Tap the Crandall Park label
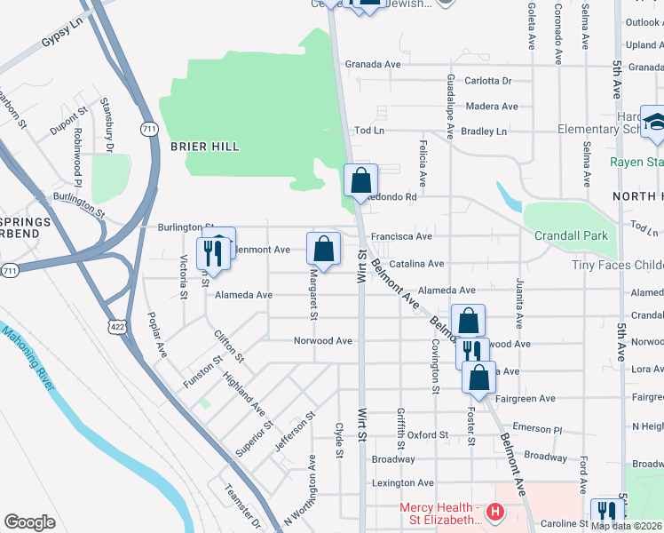(x=571, y=236)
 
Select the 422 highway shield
(x=116, y=328)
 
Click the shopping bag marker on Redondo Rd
(x=360, y=181)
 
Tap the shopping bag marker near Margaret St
(x=324, y=249)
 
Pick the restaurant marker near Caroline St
(x=607, y=513)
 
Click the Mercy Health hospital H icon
(x=495, y=513)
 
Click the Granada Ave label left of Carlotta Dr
(x=373, y=64)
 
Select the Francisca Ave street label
(x=401, y=236)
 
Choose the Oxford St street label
(x=428, y=435)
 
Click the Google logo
(x=29, y=522)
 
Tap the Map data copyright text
(x=627, y=526)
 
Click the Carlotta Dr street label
(x=489, y=81)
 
